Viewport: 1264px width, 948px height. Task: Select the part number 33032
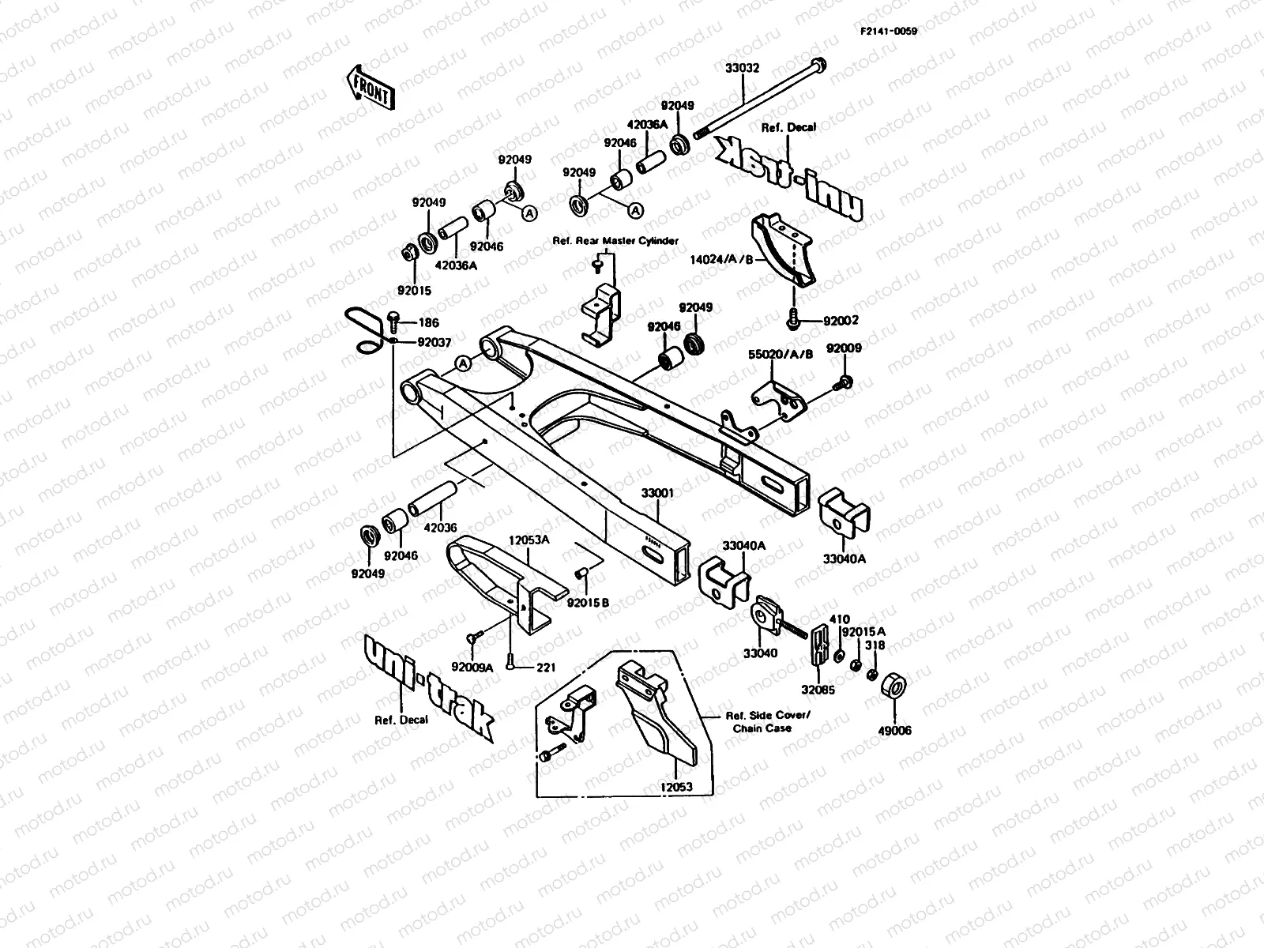click(x=742, y=69)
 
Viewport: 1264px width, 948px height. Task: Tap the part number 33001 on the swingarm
click(x=657, y=494)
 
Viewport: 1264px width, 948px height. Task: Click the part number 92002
click(x=841, y=321)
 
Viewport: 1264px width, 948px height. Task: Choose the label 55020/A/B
click(x=780, y=355)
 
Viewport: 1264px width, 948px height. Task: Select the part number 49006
click(x=894, y=731)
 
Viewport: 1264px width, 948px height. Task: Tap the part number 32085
click(x=817, y=690)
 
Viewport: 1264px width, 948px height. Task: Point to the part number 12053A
click(x=529, y=540)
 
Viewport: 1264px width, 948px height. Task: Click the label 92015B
click(x=588, y=603)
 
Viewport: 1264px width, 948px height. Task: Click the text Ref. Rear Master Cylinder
click(x=615, y=240)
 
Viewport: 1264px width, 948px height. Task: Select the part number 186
click(x=429, y=323)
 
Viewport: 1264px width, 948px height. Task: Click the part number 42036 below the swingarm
click(x=439, y=528)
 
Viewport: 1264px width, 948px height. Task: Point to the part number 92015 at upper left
click(x=414, y=291)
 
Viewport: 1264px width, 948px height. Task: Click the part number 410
click(x=839, y=619)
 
